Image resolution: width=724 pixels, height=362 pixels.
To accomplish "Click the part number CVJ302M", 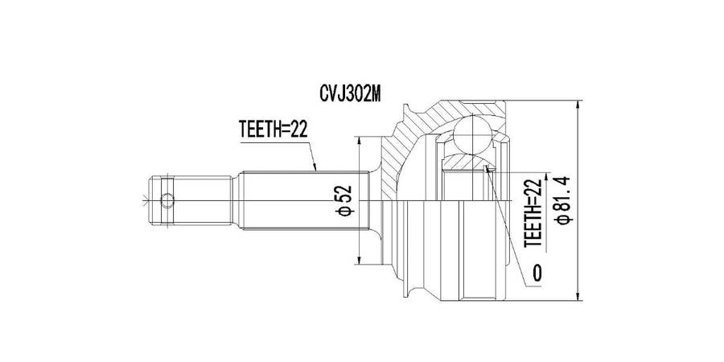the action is tap(350, 95).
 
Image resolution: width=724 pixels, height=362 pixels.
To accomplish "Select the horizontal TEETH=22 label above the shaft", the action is tap(273, 130).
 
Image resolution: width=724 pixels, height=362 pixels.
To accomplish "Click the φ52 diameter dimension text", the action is tap(345, 200).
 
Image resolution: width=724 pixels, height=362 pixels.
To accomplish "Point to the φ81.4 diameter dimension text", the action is tap(565, 200).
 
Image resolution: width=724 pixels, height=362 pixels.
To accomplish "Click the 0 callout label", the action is tap(537, 274).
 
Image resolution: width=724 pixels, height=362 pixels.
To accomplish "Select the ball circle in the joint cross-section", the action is tap(474, 134).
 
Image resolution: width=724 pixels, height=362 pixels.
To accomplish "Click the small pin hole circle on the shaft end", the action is tap(167, 200).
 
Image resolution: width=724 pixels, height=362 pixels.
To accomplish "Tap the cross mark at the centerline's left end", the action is tap(146, 200).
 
